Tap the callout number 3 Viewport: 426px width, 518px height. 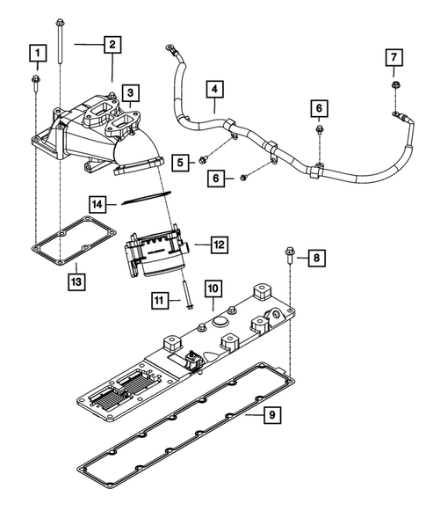(129, 92)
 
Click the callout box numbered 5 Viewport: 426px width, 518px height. (181, 162)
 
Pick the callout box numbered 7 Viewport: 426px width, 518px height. (395, 58)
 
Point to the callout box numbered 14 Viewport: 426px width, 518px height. (101, 204)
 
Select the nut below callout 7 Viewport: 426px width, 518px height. (394, 86)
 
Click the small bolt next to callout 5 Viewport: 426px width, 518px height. (203, 160)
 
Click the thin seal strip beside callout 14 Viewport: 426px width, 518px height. (147, 200)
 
